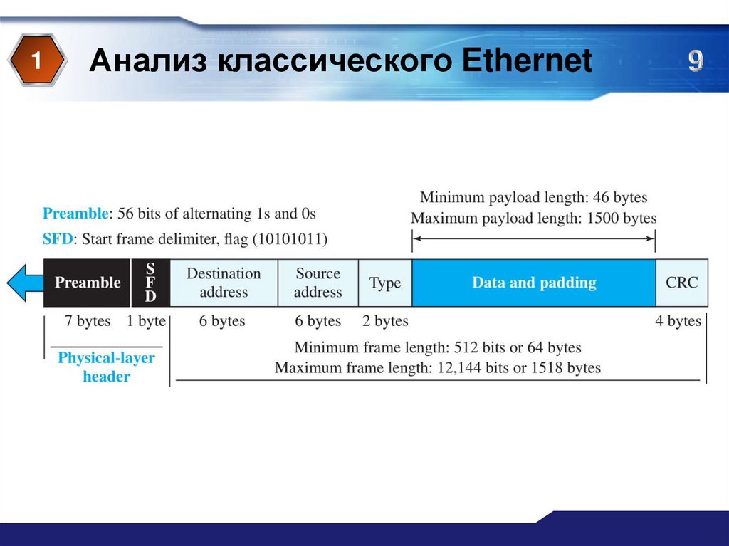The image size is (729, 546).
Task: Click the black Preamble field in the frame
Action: (88, 283)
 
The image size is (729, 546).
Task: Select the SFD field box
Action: (150, 283)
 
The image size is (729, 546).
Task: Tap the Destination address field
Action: (224, 283)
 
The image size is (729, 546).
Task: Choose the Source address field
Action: (318, 283)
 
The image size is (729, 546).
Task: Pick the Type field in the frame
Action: (385, 283)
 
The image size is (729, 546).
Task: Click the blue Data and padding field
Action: (534, 283)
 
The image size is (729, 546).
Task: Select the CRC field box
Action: (682, 283)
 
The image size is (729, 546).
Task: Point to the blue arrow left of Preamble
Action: (25, 283)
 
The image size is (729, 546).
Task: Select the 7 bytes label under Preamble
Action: (88, 321)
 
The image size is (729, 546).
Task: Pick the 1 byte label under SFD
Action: (146, 321)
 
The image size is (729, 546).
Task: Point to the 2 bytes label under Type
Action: (385, 321)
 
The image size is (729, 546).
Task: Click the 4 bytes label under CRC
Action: (678, 321)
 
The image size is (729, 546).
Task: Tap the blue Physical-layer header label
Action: (106, 367)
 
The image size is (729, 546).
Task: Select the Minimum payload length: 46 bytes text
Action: (533, 197)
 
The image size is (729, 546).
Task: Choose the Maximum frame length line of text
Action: (437, 368)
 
